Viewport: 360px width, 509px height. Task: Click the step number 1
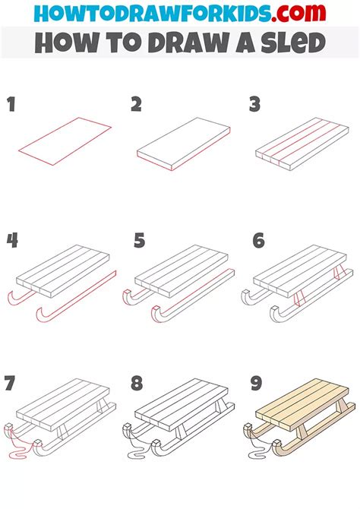point(11,105)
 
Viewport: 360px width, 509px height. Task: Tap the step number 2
point(136,105)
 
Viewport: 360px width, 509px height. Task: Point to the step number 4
point(12,241)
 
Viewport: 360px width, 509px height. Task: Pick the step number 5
point(139,241)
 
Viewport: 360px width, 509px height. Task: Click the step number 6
point(259,241)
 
